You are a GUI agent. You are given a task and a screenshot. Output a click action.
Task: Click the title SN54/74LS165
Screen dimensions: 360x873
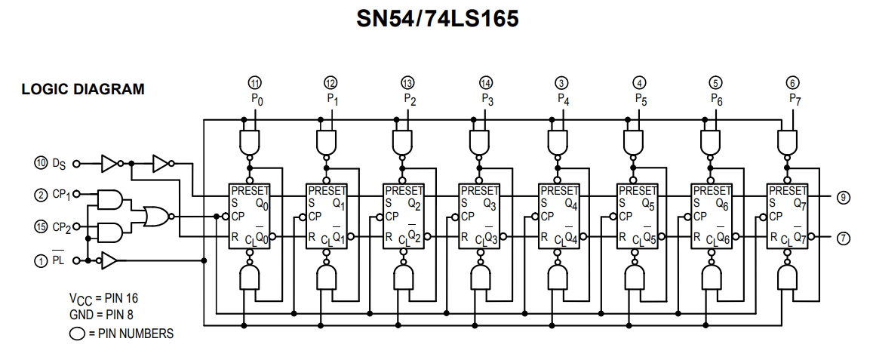click(x=438, y=19)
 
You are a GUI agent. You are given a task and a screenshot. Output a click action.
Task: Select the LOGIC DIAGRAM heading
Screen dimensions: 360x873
click(x=83, y=90)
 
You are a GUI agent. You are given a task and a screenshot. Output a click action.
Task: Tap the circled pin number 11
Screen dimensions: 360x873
click(x=256, y=82)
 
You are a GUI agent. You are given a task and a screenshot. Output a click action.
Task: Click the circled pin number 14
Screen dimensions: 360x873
click(x=487, y=82)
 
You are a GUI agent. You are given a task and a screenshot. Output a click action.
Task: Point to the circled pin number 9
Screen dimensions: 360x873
click(x=844, y=198)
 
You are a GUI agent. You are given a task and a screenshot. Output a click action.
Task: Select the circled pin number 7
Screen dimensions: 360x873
click(x=844, y=237)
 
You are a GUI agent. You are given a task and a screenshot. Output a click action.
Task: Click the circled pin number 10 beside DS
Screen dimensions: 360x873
click(x=41, y=162)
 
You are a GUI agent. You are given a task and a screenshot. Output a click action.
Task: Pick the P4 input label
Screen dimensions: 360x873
click(x=564, y=98)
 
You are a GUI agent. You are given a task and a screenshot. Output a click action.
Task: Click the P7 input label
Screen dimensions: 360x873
click(x=795, y=98)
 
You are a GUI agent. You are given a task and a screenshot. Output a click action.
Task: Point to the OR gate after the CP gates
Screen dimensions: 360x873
click(x=156, y=216)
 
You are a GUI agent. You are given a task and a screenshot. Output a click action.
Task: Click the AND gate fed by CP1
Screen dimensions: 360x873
click(x=110, y=199)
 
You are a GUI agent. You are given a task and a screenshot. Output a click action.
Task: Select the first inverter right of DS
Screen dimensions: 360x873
click(x=110, y=162)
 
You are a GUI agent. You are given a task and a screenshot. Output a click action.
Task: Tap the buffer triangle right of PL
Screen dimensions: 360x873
click(x=109, y=260)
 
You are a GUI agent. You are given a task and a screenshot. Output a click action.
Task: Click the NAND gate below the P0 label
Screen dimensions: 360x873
click(x=248, y=141)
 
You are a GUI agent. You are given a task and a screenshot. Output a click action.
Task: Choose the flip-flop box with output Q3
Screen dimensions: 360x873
click(x=478, y=216)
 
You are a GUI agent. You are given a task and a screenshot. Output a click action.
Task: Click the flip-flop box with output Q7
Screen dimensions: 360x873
click(x=786, y=216)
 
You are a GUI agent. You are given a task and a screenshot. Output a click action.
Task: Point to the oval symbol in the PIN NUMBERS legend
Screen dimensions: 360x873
click(x=76, y=333)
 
